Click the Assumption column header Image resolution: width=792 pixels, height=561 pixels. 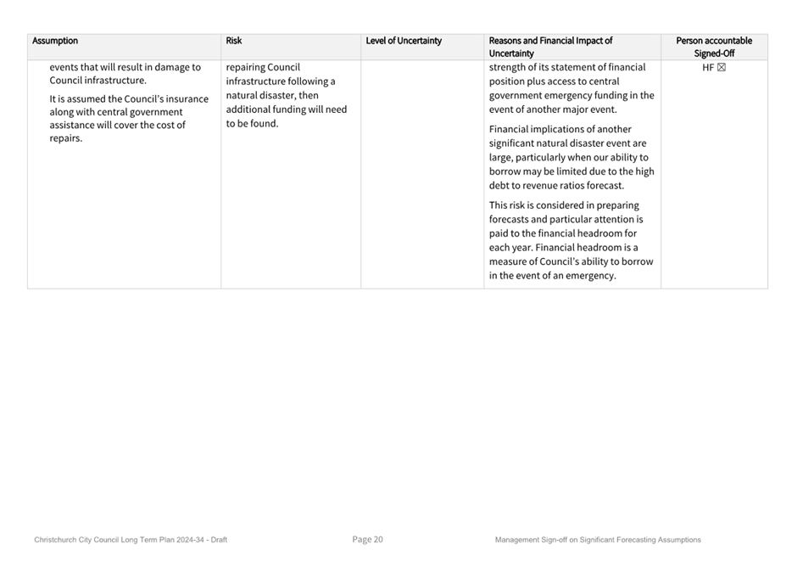tap(55, 41)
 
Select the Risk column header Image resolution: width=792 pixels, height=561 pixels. tap(234, 41)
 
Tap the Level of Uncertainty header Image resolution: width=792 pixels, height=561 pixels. tap(404, 41)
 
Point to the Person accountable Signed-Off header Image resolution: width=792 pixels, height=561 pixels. tap(714, 47)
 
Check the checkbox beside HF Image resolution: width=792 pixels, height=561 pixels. tap(722, 68)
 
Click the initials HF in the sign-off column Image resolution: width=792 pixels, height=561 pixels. tap(708, 68)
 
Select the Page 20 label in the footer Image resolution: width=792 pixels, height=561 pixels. tap(368, 540)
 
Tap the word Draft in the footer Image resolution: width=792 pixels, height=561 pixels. tap(219, 540)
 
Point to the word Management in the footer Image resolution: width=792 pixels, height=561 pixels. tap(517, 540)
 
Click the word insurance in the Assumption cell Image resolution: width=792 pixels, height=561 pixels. tap(187, 98)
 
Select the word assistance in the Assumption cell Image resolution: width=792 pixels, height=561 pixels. tap(74, 126)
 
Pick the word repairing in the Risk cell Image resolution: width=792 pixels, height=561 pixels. tap(245, 68)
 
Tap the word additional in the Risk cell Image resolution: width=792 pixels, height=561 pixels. tap(249, 109)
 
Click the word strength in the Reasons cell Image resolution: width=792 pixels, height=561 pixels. tap(509, 68)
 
